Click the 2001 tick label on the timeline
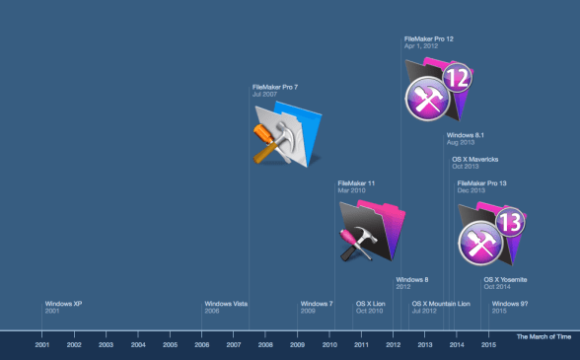[42, 344]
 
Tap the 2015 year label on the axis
[488, 344]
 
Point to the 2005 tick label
[170, 344]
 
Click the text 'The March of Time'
[544, 337]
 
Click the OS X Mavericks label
[474, 160]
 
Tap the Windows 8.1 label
[465, 135]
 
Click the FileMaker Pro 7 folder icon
[285, 138]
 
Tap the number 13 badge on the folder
[510, 223]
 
